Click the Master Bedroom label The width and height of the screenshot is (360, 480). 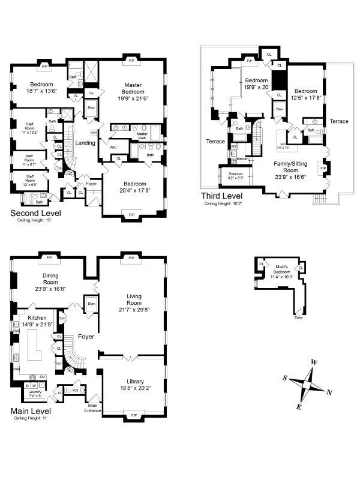(x=133, y=88)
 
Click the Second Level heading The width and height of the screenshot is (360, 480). (x=35, y=213)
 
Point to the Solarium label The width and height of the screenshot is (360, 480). (x=236, y=174)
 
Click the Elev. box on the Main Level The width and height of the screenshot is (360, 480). (x=92, y=304)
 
